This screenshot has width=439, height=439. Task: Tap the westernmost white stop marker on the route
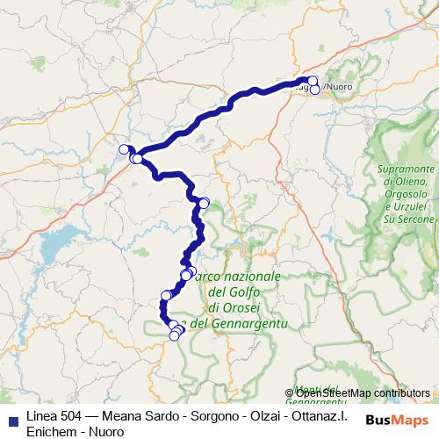click(x=125, y=149)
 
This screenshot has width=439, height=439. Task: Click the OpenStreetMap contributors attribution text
click(x=363, y=393)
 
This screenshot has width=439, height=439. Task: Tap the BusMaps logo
click(x=398, y=420)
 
